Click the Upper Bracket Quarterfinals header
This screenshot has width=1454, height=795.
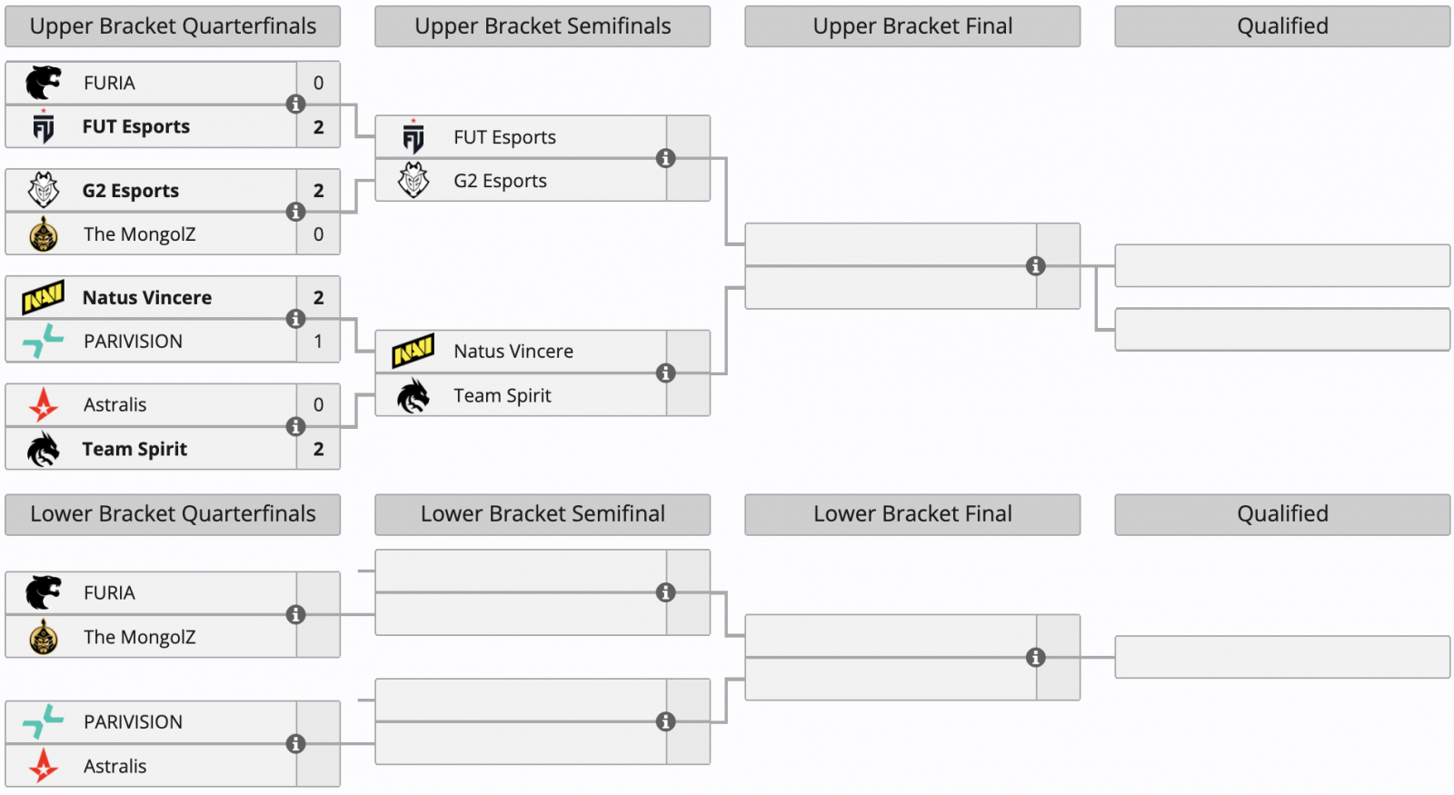pyautogui.click(x=173, y=26)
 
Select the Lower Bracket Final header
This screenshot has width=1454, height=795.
pyautogui.click(x=912, y=514)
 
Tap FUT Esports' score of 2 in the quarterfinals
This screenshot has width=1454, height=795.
pyautogui.click(x=318, y=127)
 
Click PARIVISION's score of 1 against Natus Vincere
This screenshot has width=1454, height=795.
pyautogui.click(x=318, y=342)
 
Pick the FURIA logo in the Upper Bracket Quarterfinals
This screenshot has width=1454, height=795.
pyautogui.click(x=43, y=83)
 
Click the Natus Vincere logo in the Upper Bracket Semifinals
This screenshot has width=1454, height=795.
pyautogui.click(x=413, y=351)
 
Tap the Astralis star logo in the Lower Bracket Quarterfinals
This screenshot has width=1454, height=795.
pyautogui.click(x=43, y=766)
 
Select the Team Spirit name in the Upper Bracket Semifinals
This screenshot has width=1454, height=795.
pyautogui.click(x=503, y=395)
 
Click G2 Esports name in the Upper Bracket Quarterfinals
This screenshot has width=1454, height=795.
pyautogui.click(x=131, y=191)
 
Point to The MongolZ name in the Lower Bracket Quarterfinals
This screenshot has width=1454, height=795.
pyautogui.click(x=139, y=637)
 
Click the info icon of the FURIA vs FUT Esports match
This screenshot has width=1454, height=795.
pyautogui.click(x=295, y=104)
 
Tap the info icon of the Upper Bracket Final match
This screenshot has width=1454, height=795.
pyautogui.click(x=1035, y=266)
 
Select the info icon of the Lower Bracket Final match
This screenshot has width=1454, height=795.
pyautogui.click(x=1035, y=658)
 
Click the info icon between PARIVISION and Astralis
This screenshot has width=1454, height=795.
pyautogui.click(x=295, y=744)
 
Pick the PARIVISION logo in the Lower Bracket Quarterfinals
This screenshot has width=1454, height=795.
pyautogui.click(x=43, y=721)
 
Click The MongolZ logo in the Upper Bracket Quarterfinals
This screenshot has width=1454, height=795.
pyautogui.click(x=43, y=234)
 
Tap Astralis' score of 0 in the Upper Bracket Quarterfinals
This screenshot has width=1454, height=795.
pyautogui.click(x=318, y=405)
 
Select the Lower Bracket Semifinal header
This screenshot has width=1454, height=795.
pyautogui.click(x=543, y=514)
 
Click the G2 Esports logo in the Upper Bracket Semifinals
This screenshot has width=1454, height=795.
pyautogui.click(x=413, y=181)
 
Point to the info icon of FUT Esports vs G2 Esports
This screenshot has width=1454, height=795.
pyautogui.click(x=665, y=159)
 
